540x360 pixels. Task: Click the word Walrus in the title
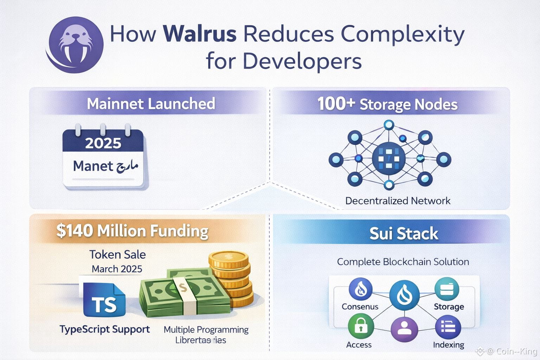click(200, 34)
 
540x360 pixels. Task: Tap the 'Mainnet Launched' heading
click(151, 104)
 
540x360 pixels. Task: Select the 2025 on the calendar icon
click(103, 143)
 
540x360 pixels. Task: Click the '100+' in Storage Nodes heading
click(335, 104)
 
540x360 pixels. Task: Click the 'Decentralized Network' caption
click(398, 201)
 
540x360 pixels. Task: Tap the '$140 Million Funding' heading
click(132, 231)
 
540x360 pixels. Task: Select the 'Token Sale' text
click(117, 254)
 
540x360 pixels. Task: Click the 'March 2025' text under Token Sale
click(117, 269)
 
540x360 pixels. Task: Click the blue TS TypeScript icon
click(104, 300)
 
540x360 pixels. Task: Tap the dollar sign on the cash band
click(182, 289)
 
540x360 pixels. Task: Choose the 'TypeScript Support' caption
click(105, 329)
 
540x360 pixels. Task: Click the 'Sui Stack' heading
click(404, 233)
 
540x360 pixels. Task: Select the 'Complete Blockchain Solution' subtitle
click(403, 262)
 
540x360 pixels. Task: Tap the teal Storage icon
click(447, 289)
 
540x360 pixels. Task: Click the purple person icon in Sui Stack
click(404, 329)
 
